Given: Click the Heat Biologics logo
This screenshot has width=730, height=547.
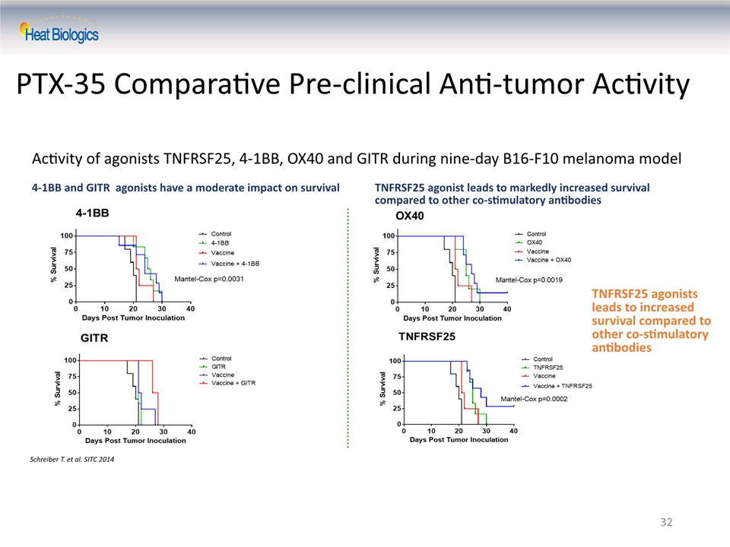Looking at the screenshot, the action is pos(59,30).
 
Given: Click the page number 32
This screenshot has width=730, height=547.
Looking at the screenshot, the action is pos(666,522).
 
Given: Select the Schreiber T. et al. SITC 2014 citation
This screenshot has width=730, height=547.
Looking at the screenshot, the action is pos(71,459).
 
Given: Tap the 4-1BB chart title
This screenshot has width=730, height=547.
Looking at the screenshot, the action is pos(92,213).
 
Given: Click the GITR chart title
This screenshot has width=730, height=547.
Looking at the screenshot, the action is pos(94,337).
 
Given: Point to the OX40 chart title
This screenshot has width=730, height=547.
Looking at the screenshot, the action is pos(410,216).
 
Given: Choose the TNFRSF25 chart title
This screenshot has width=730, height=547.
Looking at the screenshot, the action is pos(427,337).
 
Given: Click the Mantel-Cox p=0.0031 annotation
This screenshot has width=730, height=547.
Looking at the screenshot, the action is pos(209,279).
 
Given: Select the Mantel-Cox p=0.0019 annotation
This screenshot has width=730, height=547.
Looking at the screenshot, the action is pos(529,280).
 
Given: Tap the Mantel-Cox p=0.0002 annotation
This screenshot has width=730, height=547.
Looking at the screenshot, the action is pos(534,399).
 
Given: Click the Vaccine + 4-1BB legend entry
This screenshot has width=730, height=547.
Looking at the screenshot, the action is pos(229,264).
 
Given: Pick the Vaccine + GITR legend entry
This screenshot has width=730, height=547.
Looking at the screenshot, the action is pos(227,383).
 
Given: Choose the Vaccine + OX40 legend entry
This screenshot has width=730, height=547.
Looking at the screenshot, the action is pos(543,260).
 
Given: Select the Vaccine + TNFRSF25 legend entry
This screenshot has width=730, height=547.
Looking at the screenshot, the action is pos(557,386).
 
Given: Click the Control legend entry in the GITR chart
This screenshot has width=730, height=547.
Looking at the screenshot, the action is pos(215,359).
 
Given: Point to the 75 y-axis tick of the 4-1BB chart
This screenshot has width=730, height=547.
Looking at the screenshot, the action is pos(68,252).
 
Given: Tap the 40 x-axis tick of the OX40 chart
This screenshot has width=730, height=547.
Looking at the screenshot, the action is pos(507,309).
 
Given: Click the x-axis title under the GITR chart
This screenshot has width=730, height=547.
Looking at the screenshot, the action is pos(135,441).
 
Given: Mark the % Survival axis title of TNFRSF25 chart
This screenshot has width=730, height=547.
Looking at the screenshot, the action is pos(382,388).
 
